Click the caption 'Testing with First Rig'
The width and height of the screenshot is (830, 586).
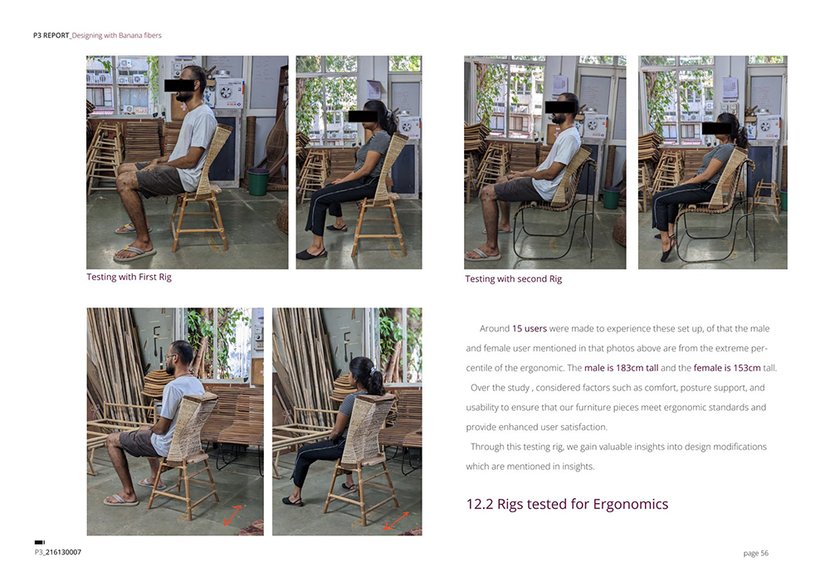click(x=129, y=277)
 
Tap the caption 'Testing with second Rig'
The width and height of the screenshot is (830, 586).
click(x=514, y=279)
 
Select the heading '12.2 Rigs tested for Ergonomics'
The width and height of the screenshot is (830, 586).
click(x=567, y=504)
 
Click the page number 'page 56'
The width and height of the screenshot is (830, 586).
click(x=756, y=553)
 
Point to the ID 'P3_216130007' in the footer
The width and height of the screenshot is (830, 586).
click(x=58, y=552)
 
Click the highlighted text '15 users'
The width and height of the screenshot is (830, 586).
click(x=530, y=329)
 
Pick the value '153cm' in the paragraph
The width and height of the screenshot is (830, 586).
click(x=747, y=368)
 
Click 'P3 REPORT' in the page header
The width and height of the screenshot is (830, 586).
click(x=51, y=36)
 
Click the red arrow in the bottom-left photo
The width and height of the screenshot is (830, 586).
click(x=232, y=516)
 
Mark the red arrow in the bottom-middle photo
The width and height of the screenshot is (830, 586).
click(x=396, y=521)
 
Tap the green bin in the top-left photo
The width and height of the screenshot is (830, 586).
click(x=258, y=182)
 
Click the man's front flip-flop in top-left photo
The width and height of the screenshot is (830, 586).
click(x=134, y=254)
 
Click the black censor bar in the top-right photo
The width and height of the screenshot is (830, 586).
click(x=717, y=128)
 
